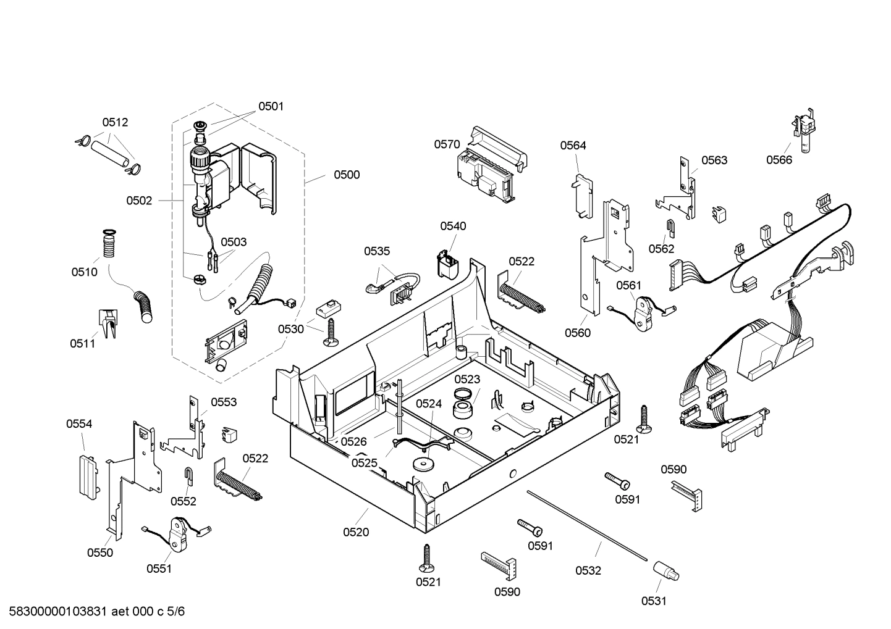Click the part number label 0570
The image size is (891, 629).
click(x=446, y=144)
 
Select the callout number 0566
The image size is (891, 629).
click(x=779, y=160)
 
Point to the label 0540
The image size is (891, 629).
click(x=453, y=226)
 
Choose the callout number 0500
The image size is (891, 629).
click(x=347, y=175)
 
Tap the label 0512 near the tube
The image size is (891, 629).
click(x=115, y=122)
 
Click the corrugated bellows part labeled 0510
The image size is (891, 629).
click(x=109, y=246)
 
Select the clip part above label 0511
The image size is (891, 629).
click(x=108, y=323)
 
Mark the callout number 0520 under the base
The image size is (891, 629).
click(x=356, y=532)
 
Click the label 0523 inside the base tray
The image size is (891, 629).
click(x=467, y=379)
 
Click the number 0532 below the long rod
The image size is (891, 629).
click(x=588, y=570)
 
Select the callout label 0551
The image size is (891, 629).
click(x=159, y=569)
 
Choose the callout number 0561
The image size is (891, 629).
click(x=628, y=285)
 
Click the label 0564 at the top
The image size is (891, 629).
click(x=573, y=146)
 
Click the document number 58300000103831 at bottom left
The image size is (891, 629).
click(x=56, y=612)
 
